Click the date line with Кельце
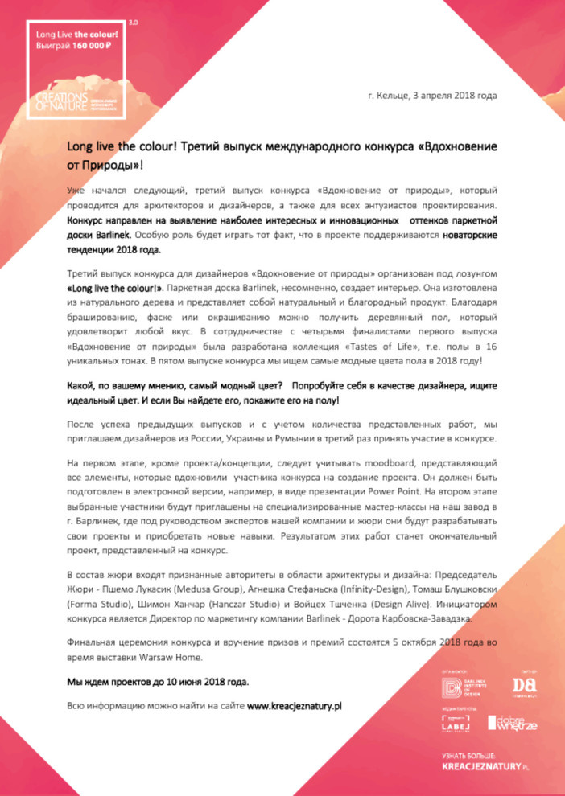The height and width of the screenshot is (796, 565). coord(431,96)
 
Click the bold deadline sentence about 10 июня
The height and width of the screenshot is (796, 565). coord(157,682)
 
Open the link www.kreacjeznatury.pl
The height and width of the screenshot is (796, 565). coord(295,706)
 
